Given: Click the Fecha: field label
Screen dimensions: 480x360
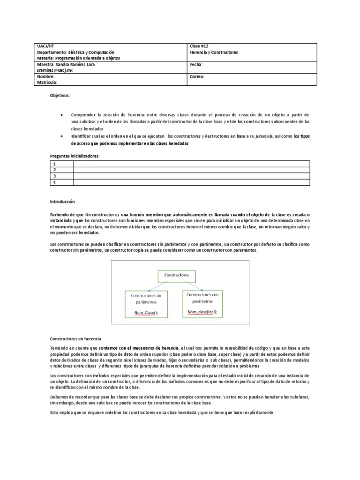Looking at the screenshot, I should tap(196, 64).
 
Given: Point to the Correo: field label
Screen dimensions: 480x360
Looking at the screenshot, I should tap(197, 76).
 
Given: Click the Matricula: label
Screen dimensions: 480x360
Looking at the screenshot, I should tap(47, 82).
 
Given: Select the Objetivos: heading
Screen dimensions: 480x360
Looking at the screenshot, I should tap(60, 95).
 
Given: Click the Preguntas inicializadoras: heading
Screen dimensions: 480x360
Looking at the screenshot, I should tap(75, 156).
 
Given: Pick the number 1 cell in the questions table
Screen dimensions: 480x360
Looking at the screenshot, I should tap(54, 164).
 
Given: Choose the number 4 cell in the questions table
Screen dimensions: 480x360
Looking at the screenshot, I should tap(54, 182).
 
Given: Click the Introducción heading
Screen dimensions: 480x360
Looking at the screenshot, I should tap(62, 201).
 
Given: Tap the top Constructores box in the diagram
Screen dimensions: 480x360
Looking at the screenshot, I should tap(174, 275).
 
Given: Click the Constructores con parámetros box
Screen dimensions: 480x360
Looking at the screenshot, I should tap(202, 304).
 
